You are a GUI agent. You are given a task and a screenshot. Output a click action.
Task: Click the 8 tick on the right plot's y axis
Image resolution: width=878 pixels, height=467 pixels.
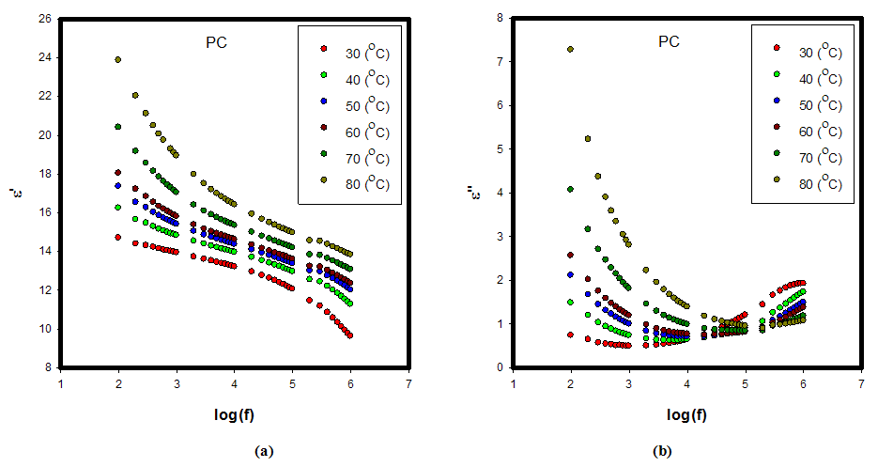point(501,17)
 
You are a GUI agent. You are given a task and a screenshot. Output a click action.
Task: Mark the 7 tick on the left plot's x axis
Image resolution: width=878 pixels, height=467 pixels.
point(408,383)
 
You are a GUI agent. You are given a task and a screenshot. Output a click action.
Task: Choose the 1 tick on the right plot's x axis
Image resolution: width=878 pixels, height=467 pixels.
point(514,383)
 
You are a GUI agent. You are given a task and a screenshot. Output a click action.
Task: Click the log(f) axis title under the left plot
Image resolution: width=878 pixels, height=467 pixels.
point(235,414)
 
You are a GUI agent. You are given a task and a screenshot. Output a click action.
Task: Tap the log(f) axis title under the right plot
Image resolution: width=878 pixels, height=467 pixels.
point(687,414)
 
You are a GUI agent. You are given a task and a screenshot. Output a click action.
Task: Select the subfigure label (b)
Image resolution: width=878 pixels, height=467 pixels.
point(661,451)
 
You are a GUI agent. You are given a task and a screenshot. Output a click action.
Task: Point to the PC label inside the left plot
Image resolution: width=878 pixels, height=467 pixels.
point(217,42)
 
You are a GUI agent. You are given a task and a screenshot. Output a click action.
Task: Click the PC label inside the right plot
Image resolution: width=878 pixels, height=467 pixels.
point(669,42)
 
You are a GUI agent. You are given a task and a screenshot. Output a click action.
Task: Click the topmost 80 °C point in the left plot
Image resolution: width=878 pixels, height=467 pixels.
point(118,59)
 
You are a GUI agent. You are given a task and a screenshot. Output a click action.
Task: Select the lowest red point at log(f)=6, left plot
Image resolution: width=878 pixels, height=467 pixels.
point(350,335)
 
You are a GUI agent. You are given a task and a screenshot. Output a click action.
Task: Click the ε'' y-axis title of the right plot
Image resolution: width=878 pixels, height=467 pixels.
point(477,195)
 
